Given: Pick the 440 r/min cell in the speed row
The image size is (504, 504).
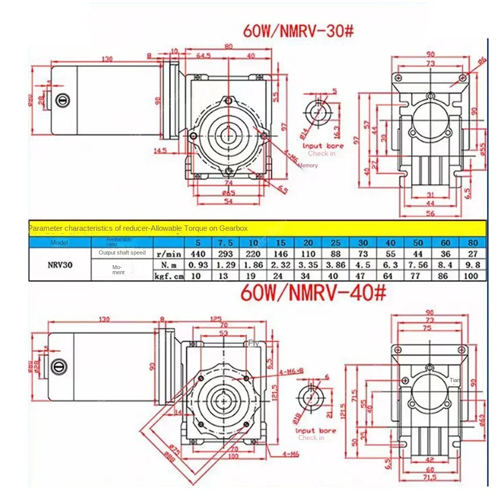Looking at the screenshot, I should click(198, 254).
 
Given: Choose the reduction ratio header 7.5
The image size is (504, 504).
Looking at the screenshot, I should click(225, 242).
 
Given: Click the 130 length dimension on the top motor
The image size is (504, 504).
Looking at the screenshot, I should click(106, 58).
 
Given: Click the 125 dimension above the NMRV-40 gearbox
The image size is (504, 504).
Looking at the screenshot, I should click(216, 319).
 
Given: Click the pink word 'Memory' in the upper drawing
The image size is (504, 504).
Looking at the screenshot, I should click(307, 165).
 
